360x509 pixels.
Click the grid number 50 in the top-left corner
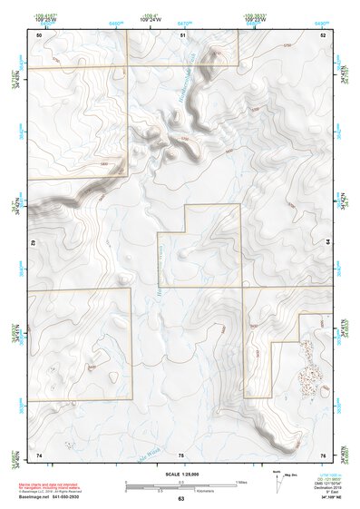pyautogui.click(x=39, y=34)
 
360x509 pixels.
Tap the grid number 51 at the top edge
pyautogui.click(x=182, y=34)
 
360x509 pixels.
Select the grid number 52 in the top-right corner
pyautogui.click(x=323, y=34)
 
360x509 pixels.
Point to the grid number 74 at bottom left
pyautogui.click(x=39, y=454)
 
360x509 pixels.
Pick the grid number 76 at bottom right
pyautogui.click(x=323, y=454)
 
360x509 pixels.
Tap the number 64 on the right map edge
pyautogui.click(x=326, y=243)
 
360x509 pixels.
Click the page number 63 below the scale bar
pyautogui.click(x=181, y=498)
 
